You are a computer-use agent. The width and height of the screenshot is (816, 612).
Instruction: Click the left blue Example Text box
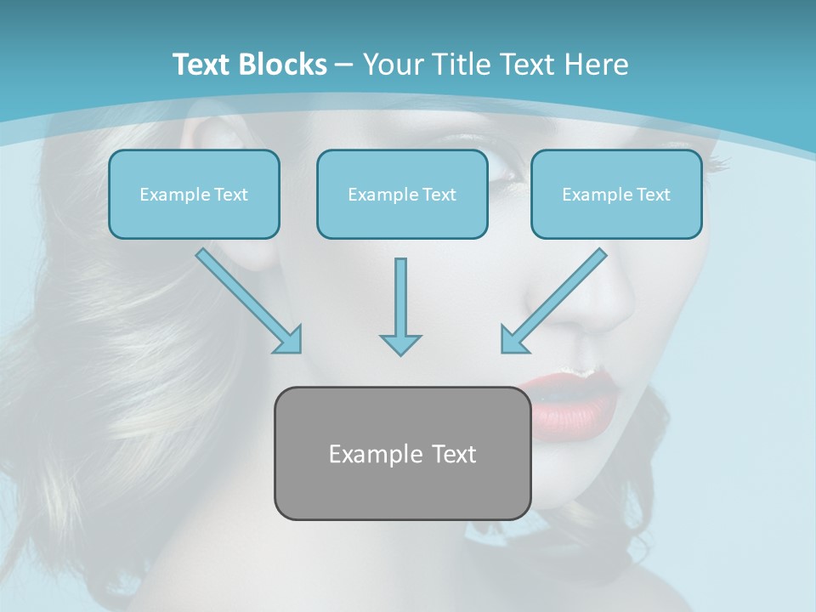tap(194, 195)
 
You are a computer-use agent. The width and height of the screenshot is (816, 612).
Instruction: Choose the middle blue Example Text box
tap(402, 195)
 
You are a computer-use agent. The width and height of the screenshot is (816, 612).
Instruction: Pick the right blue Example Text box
tap(616, 195)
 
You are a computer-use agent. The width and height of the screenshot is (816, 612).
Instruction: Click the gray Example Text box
tap(402, 453)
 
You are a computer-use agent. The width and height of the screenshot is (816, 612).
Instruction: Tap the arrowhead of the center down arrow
tap(400, 343)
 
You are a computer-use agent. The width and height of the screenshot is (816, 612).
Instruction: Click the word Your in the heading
tap(390, 64)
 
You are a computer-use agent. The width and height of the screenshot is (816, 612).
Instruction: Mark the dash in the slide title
tap(344, 65)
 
